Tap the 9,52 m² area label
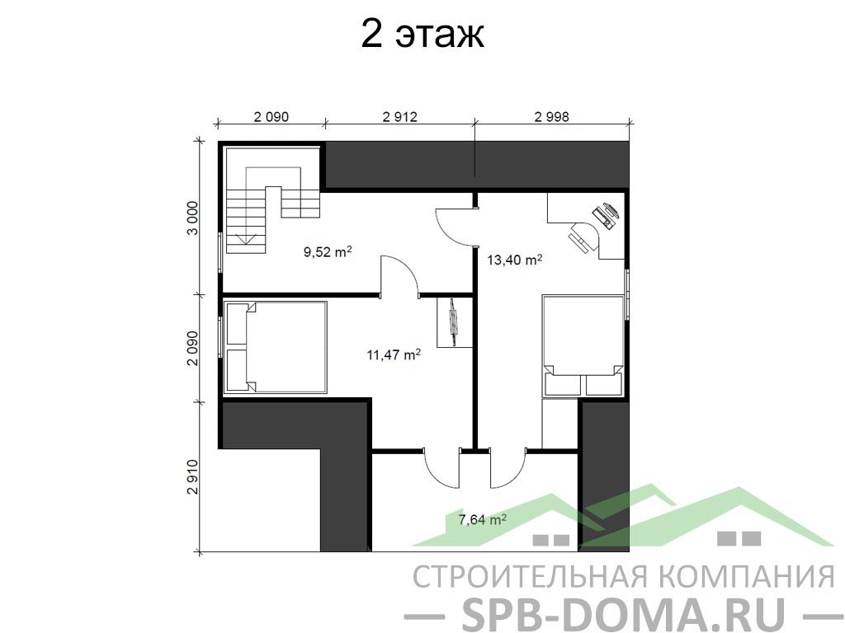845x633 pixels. (x=328, y=251)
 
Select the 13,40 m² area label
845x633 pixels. (x=514, y=260)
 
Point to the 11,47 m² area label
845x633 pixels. (x=394, y=354)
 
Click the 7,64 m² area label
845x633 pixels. (x=482, y=519)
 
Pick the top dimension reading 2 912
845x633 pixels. (x=400, y=116)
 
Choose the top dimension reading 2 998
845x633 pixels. (x=551, y=116)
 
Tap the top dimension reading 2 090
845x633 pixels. (x=271, y=116)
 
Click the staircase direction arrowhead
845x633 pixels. (x=247, y=240)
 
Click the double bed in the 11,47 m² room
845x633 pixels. (x=276, y=347)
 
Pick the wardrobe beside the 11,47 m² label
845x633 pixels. (x=454, y=322)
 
